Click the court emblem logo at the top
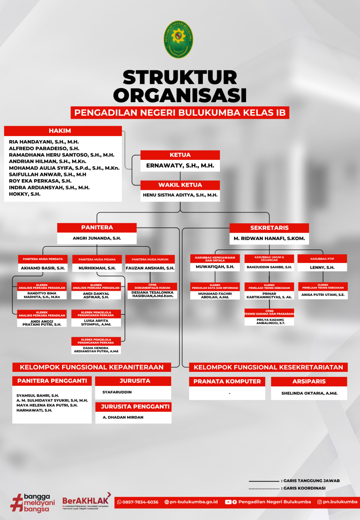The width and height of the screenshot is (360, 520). [x=180, y=39]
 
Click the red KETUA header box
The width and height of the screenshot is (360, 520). [x=180, y=155]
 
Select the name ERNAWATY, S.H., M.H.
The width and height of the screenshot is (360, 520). [x=180, y=166]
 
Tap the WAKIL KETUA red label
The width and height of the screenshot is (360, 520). [x=180, y=185]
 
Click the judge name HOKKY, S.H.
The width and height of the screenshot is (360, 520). [x=25, y=194]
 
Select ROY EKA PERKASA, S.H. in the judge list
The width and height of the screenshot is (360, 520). [x=40, y=181]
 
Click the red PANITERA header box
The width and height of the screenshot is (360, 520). [x=97, y=227]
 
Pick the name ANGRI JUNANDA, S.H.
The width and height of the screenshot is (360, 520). [x=97, y=238]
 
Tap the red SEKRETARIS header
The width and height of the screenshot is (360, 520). [x=269, y=228]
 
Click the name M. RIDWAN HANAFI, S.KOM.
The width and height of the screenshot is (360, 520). [x=269, y=239]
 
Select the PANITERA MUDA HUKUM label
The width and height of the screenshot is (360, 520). [x=150, y=259]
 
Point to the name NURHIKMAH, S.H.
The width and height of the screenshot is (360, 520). [x=97, y=268]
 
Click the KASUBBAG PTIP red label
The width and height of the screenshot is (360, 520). [x=322, y=259]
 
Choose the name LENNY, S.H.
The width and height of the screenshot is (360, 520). [x=322, y=267]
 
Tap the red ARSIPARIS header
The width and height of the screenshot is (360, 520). [x=309, y=381]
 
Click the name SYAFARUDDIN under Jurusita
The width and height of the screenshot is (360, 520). [x=117, y=392]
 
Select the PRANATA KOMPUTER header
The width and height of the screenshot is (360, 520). [x=227, y=381]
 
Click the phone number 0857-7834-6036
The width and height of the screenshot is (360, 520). [x=140, y=502]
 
